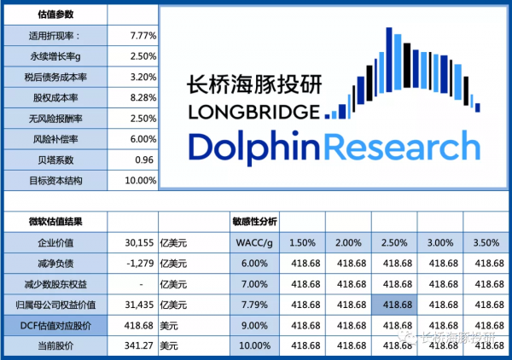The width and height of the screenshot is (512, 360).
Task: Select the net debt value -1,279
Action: (x=137, y=263)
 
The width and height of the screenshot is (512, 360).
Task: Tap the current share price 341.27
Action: (x=137, y=345)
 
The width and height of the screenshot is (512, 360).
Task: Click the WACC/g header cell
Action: (x=253, y=242)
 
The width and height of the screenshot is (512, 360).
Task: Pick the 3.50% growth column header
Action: (x=484, y=242)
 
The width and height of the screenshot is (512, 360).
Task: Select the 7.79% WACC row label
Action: (x=253, y=305)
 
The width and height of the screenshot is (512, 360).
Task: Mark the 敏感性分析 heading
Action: (x=255, y=221)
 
